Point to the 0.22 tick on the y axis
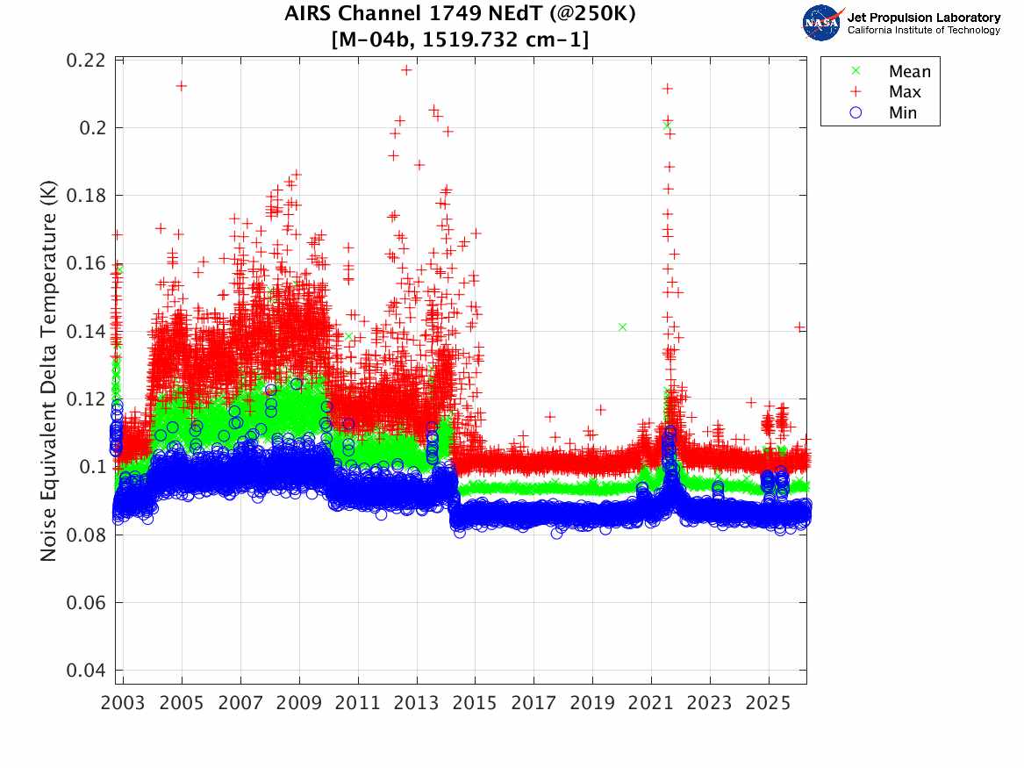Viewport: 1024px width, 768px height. click(x=85, y=60)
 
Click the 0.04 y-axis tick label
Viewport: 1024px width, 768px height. click(x=85, y=671)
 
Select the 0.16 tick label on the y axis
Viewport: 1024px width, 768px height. click(x=85, y=263)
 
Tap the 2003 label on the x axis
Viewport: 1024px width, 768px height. click(x=123, y=703)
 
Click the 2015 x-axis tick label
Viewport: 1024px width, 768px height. click(x=475, y=703)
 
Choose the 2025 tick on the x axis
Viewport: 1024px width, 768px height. click(x=768, y=703)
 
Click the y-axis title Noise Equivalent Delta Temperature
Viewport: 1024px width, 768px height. click(x=49, y=371)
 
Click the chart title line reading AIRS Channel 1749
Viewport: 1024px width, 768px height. click(x=460, y=14)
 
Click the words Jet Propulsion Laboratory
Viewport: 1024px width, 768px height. click(x=923, y=18)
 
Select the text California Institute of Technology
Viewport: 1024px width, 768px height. click(x=923, y=30)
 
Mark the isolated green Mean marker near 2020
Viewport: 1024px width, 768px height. click(x=622, y=327)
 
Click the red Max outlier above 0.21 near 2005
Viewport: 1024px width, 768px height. click(x=182, y=85)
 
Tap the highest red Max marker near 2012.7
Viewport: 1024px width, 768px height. click(x=406, y=70)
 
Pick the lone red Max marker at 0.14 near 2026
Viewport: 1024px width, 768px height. click(x=799, y=327)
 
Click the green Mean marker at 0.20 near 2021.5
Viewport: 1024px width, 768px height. click(x=666, y=126)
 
